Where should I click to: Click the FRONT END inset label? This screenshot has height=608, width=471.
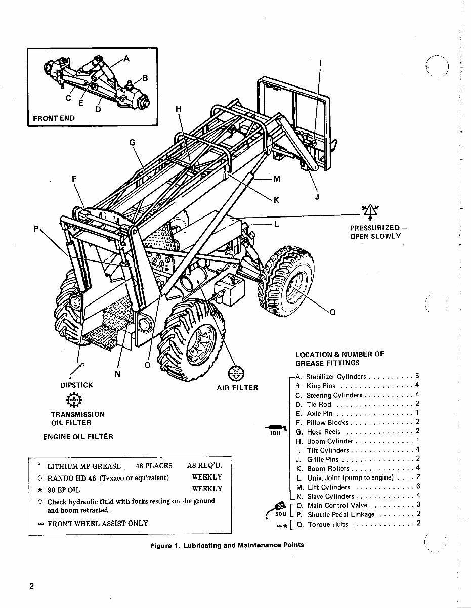(54, 118)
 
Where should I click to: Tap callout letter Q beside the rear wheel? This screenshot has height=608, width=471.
(332, 312)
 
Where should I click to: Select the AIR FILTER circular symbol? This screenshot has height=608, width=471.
(237, 373)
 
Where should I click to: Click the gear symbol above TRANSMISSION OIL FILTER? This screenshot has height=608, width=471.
(74, 400)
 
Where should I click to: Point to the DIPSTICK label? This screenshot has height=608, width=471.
(76, 385)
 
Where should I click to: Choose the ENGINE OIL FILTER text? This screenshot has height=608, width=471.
(78, 437)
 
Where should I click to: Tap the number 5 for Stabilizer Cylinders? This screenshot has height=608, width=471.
(417, 377)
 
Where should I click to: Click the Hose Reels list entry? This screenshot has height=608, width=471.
(324, 432)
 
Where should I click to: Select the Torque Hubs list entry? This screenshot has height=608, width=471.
(328, 524)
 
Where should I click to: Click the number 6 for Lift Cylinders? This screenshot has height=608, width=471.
(417, 487)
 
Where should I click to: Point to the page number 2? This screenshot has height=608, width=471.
(31, 587)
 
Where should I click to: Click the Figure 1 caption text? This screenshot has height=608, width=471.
(227, 546)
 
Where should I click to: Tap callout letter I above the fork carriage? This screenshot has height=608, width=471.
(320, 63)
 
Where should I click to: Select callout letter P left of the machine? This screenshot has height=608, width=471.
(36, 229)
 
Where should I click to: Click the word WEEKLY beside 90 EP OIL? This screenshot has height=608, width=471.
(207, 489)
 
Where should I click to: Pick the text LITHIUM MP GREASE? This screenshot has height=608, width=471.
(84, 466)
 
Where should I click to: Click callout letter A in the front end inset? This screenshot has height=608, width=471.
(126, 59)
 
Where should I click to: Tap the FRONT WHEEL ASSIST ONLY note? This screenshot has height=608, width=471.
(98, 523)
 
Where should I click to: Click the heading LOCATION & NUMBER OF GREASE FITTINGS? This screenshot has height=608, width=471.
(340, 358)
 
